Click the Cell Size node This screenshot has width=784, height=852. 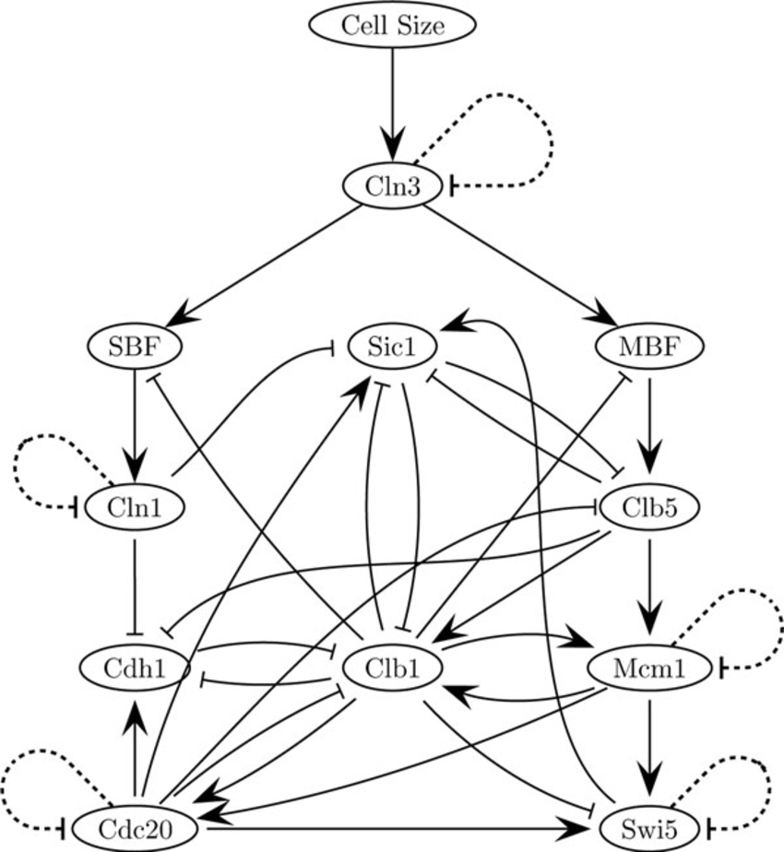(x=393, y=26)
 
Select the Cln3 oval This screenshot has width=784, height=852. (x=393, y=186)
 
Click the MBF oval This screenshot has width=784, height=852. (x=651, y=348)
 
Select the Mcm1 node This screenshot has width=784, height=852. (x=651, y=667)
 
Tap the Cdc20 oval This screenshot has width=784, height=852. (x=136, y=826)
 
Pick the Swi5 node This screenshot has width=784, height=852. (x=651, y=826)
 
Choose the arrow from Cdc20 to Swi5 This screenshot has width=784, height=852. (x=397, y=828)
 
